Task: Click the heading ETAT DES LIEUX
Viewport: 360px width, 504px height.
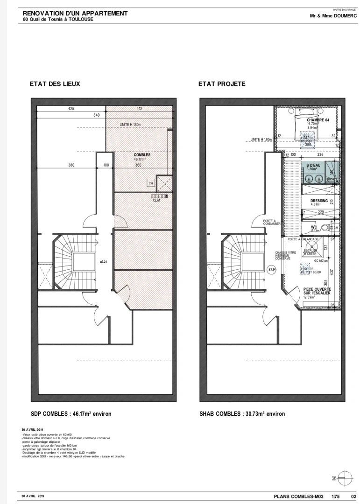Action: point(55,84)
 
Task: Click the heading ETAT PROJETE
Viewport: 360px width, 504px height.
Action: point(222,84)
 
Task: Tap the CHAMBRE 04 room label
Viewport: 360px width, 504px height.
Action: point(318,120)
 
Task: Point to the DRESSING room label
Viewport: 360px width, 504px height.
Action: point(319,201)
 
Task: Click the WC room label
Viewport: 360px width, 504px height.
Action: point(314,227)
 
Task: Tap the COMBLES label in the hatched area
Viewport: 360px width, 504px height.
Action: point(142,155)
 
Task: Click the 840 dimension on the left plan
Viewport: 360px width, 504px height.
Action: point(97,115)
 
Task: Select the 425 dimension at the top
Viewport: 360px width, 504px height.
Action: point(71,109)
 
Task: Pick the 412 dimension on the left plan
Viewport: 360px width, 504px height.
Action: point(139,109)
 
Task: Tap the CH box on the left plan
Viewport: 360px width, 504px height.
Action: point(151,183)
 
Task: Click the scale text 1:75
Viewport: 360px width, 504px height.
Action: point(335,496)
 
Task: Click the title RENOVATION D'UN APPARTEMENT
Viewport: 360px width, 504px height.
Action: point(75,14)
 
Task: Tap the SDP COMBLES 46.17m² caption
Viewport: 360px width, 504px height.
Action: point(71,413)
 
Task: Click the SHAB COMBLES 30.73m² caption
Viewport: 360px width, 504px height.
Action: point(242,413)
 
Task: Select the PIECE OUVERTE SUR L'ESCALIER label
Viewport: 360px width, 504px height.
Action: point(317,291)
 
